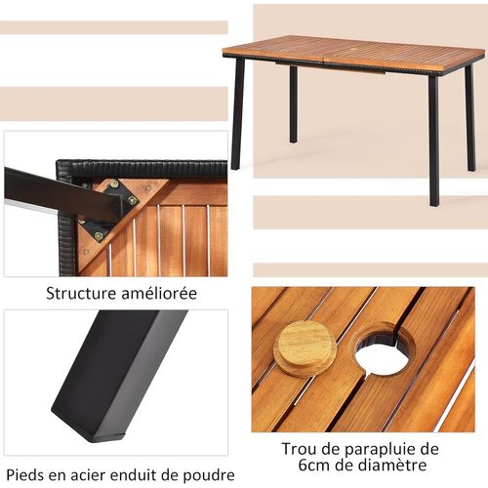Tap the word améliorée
click(157, 293)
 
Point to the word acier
click(94, 474)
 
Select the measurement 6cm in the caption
click(295, 467)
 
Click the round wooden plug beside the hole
click(304, 346)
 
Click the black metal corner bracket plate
click(109, 205)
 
